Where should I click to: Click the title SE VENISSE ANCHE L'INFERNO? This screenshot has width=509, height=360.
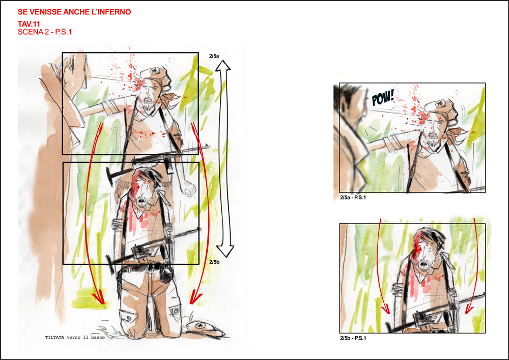tap(74, 12)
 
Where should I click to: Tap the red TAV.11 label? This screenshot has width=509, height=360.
tap(29, 24)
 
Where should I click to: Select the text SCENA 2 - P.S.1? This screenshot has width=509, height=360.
tap(45, 32)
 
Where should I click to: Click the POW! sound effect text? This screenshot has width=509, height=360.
tap(383, 97)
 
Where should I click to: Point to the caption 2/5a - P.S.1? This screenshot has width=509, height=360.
tap(353, 198)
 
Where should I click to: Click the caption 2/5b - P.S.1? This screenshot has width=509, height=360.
tap(353, 338)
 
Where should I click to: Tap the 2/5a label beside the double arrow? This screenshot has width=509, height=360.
tap(214, 56)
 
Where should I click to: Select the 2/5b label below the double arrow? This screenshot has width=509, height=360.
tap(214, 262)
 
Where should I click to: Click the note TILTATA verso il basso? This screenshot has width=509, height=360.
tap(75, 337)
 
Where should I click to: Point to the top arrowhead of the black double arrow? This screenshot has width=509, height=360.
tap(223, 66)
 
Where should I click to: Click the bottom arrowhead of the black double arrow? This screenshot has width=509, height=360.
tap(225, 251)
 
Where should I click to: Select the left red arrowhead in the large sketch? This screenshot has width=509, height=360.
tap(98, 298)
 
